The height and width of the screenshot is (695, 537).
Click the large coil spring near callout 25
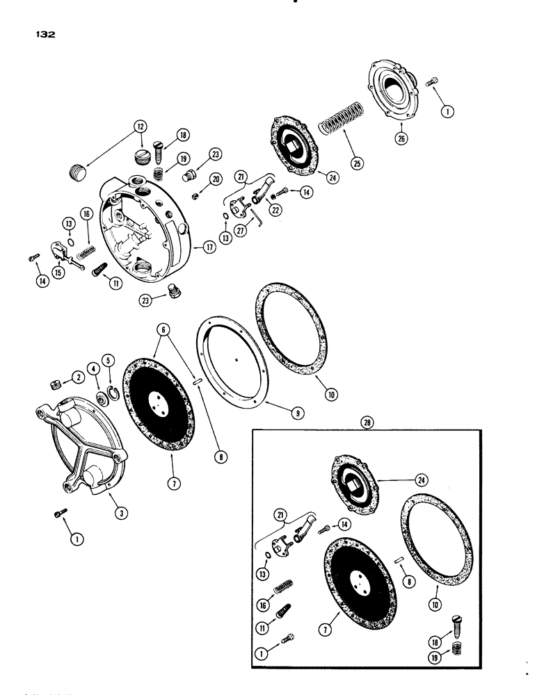coord(342,120)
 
